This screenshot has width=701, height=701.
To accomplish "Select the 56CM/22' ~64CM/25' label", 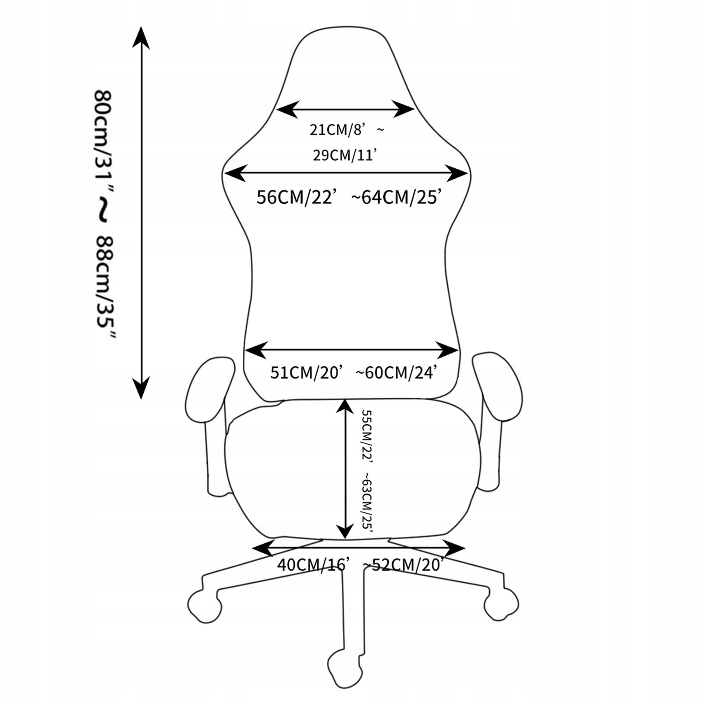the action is click(347, 197).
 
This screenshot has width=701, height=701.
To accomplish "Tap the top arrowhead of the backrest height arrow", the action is click(141, 37).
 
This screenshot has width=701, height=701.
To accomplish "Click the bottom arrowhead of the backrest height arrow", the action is click(141, 388).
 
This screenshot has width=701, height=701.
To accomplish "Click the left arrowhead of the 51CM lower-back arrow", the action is click(255, 350).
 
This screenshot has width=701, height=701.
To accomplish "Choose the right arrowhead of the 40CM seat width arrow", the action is click(454, 548).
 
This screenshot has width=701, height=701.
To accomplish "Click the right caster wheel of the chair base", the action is click(502, 604).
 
